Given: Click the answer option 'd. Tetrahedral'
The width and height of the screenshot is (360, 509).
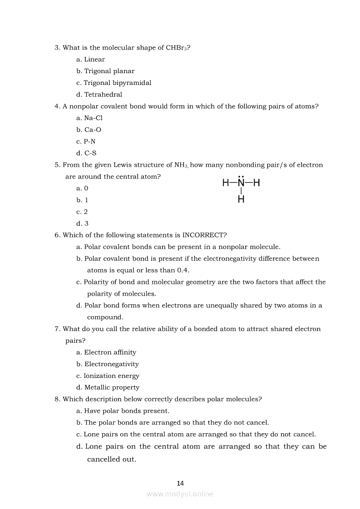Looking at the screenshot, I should tap(99, 94).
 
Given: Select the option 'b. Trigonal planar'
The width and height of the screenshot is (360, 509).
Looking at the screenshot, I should tap(105, 71).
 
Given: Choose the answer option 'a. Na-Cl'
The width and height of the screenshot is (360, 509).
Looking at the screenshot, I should tap(89, 118).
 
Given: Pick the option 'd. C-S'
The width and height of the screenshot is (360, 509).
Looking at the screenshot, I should tap(86, 153).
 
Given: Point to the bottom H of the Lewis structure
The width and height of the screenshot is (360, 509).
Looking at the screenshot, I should tap(241, 200).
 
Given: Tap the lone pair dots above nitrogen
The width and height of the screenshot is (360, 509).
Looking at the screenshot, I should tap(241, 176).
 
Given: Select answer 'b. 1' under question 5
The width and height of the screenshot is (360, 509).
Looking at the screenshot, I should tap(82, 200).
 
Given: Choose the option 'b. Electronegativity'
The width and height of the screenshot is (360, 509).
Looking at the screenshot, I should tap(107, 364).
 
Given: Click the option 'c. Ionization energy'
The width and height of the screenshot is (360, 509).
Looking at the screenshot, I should tap(108, 376).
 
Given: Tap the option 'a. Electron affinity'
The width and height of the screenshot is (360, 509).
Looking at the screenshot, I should tap(106, 352).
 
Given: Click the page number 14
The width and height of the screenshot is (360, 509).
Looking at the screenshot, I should tap(180, 483).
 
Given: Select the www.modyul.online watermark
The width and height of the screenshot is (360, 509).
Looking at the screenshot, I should tap(180, 494).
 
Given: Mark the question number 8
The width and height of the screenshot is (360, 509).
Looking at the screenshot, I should tap(57, 399).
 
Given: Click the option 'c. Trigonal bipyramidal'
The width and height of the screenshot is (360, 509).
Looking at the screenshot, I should tap(114, 83).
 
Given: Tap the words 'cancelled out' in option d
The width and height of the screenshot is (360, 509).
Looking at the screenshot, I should tap(112, 459).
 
